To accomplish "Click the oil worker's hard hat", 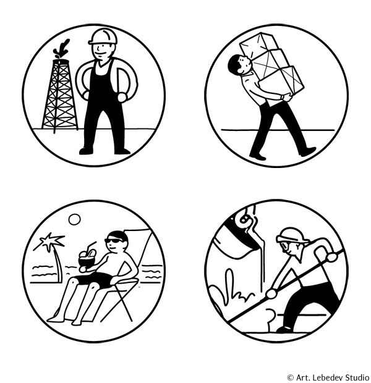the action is (103, 36).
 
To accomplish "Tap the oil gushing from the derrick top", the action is (61, 49).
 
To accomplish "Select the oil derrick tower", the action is (60, 96).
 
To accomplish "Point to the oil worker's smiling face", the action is (103, 52).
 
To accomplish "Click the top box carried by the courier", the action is (257, 43).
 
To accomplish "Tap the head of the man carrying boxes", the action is (239, 65).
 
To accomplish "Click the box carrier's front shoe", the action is (308, 151).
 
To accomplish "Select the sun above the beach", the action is (75, 219).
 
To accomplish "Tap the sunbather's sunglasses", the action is (114, 240).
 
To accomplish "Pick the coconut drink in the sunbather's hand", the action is (87, 258).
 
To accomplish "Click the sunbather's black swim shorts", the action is (95, 279).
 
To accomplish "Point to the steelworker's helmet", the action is (292, 236).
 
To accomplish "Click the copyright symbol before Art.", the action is (290, 377).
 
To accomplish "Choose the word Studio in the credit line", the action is (357, 377).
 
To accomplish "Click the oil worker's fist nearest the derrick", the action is (86, 95).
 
